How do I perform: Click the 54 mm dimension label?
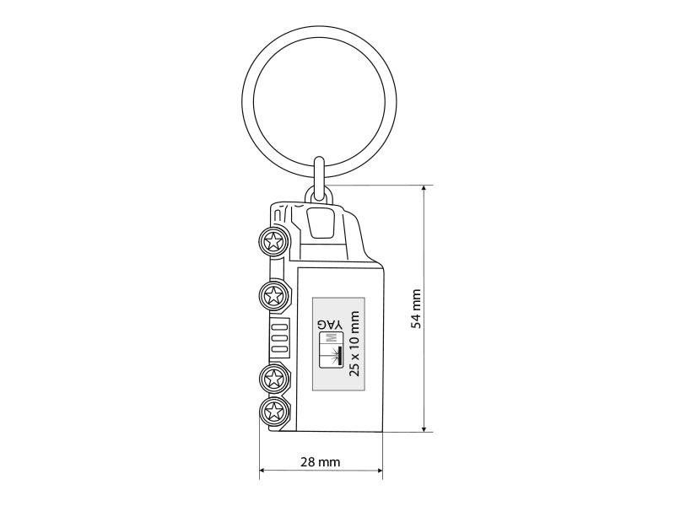[416, 309]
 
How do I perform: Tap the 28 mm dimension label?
[321, 462]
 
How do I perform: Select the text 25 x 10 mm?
[354, 344]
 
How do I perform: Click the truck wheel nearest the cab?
[273, 241]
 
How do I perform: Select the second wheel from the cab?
[273, 295]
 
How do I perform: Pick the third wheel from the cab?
[273, 379]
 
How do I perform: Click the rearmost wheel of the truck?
[273, 412]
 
